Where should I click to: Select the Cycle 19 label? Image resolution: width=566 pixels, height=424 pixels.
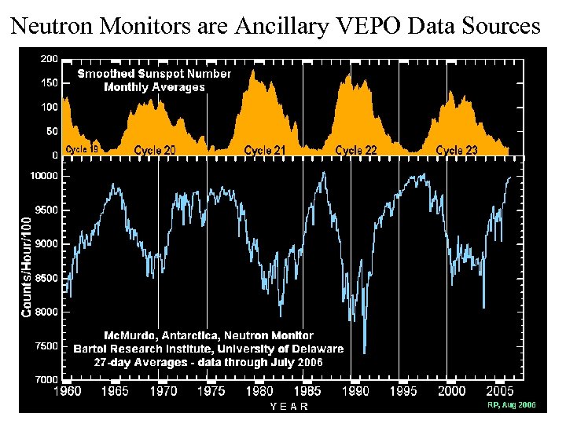click(82, 148)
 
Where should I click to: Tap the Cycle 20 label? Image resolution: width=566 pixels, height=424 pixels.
click(154, 150)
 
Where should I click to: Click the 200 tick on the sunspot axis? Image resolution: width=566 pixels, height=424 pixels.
click(49, 59)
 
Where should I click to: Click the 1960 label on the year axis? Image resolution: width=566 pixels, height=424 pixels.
click(67, 391)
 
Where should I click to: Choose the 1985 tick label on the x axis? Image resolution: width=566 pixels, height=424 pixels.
click(307, 391)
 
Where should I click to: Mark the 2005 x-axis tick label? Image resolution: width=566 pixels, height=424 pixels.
click(500, 391)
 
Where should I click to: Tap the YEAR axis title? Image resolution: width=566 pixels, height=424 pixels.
click(289, 406)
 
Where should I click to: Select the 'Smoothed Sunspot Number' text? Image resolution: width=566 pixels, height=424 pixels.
click(154, 74)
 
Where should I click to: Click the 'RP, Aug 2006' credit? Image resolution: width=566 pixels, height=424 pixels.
click(512, 405)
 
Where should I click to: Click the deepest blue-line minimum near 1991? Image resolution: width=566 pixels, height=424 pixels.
click(364, 353)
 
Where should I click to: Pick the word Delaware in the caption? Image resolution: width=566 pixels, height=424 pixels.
click(314, 349)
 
